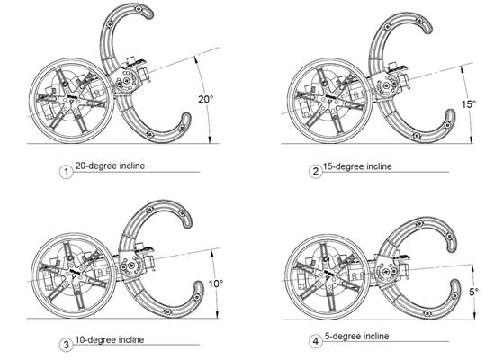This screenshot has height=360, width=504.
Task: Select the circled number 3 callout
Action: [x=65, y=344]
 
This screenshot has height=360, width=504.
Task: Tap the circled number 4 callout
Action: [x=315, y=342]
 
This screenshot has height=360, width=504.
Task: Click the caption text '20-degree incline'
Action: [x=112, y=166]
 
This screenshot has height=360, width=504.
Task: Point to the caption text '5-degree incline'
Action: [x=360, y=337]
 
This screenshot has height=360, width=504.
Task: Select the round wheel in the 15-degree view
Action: [x=327, y=102]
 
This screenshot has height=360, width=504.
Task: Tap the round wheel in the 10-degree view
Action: [x=69, y=279]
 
